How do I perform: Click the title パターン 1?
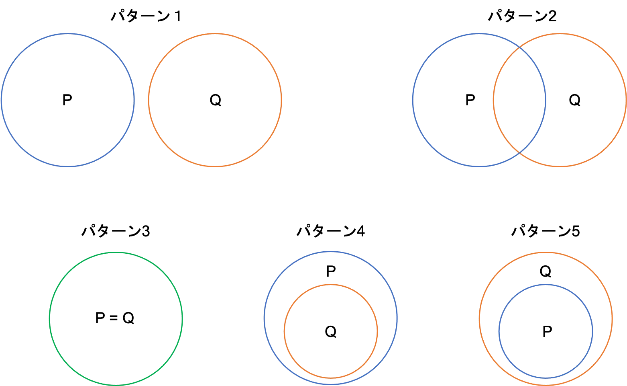tap(146, 16)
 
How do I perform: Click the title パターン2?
tap(522, 16)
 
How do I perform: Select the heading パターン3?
tap(116, 231)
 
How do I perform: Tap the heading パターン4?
tap(331, 231)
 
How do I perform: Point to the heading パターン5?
tap(546, 231)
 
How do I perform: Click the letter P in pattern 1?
tap(67, 100)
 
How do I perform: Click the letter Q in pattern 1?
tap(216, 101)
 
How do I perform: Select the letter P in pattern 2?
tap(470, 100)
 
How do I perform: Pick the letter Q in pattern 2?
tap(575, 101)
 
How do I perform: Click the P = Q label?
tap(115, 318)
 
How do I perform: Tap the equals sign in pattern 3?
tap(113, 318)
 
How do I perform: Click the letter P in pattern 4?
tap(331, 271)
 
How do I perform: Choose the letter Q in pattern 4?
tap(331, 332)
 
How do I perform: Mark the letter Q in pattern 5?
tap(546, 271)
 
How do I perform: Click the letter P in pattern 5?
tap(547, 332)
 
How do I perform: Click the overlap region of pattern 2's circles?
tap(519, 100)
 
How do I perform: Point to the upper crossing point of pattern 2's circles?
tap(519, 47)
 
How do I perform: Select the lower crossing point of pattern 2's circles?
tap(519, 153)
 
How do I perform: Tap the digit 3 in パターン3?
tap(146, 232)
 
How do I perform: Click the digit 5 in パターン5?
tap(576, 232)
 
